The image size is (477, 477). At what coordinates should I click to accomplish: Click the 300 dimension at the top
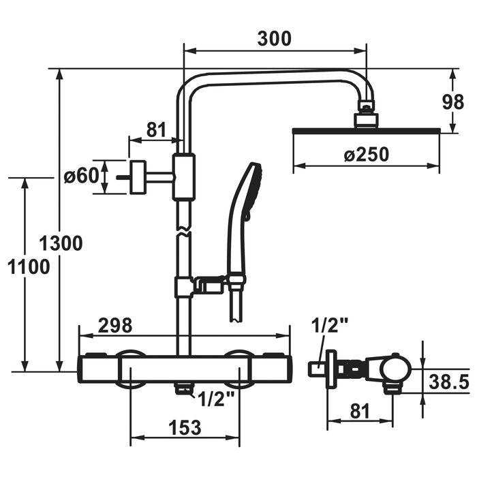[x=275, y=39]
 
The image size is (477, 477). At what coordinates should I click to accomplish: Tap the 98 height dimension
[x=453, y=102]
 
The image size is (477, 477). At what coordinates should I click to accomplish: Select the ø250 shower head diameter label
[x=367, y=155]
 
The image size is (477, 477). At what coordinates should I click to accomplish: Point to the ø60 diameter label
[x=82, y=176]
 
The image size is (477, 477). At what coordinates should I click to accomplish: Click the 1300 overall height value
[x=61, y=243]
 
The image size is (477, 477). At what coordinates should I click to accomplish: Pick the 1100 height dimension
[x=29, y=267]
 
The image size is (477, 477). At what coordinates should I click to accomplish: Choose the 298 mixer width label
[x=115, y=326]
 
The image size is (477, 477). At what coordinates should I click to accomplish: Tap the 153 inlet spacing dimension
[x=185, y=427]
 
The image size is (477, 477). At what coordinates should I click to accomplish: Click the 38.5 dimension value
[x=449, y=382]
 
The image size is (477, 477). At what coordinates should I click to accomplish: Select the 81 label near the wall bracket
[x=157, y=130]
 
